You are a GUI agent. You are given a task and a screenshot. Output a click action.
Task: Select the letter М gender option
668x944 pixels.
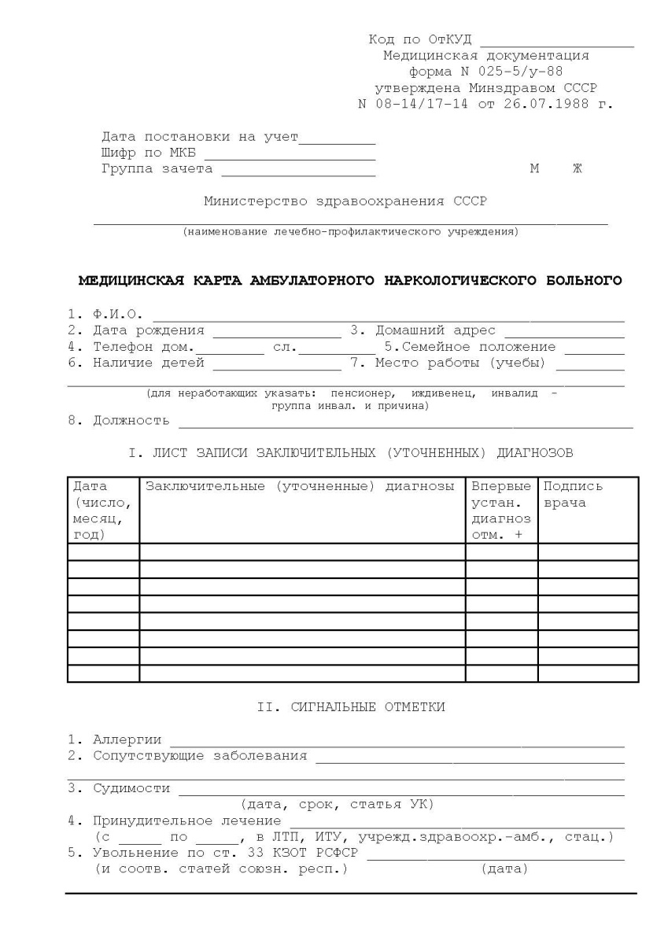click(535, 169)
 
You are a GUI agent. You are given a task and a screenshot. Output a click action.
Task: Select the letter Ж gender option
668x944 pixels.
click(578, 169)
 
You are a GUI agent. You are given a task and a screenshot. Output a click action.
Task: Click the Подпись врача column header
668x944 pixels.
click(573, 495)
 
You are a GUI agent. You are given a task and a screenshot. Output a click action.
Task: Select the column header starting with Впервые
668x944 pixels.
click(501, 511)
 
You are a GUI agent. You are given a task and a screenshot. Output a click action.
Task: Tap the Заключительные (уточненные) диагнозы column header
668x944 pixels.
click(300, 487)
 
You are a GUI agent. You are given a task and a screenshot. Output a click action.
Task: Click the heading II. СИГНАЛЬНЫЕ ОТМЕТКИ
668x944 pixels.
click(351, 707)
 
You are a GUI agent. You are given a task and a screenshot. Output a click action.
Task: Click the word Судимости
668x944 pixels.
click(131, 788)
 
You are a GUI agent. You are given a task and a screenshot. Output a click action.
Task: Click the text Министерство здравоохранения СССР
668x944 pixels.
click(345, 201)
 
